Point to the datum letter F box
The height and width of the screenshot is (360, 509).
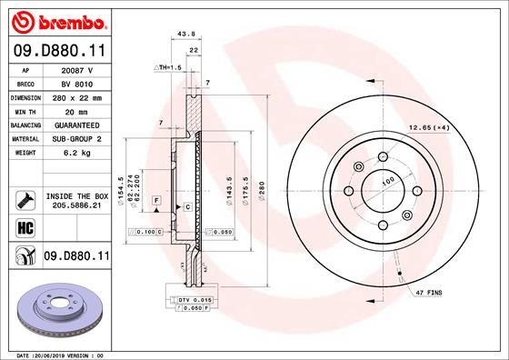156,200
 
